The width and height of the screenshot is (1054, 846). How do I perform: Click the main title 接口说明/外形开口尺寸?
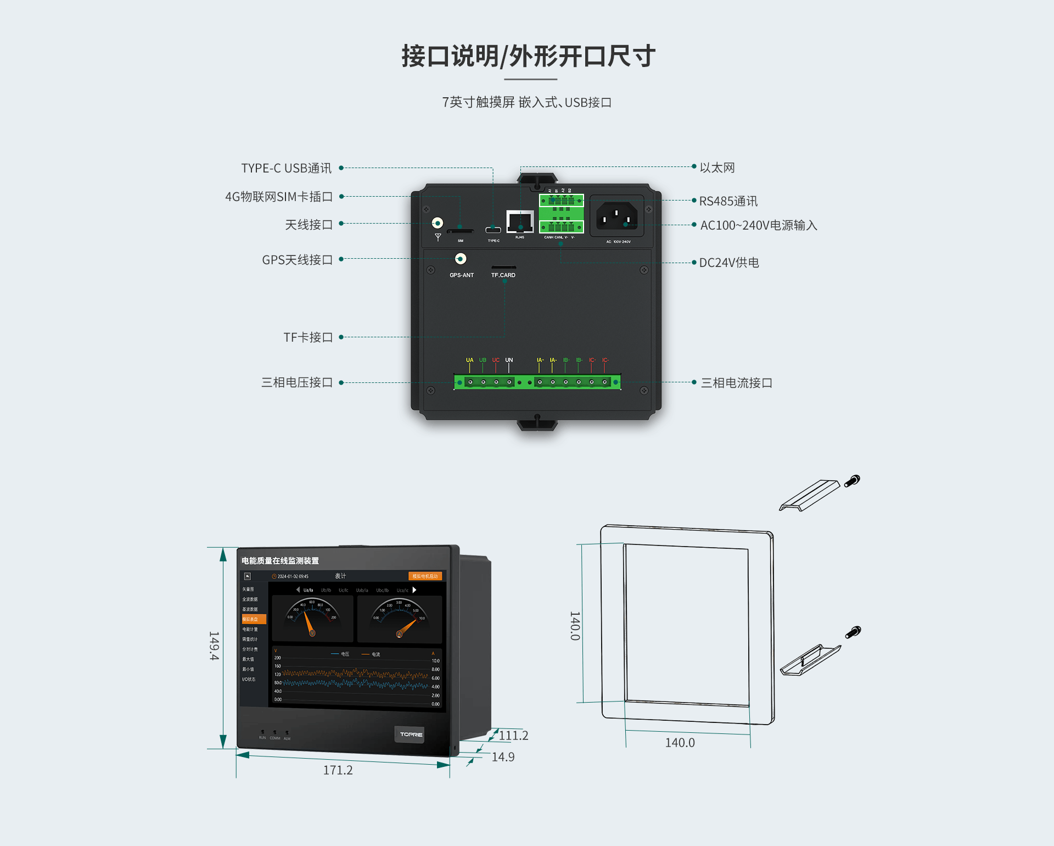pyautogui.click(x=528, y=57)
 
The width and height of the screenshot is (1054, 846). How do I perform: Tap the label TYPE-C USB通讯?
pyautogui.click(x=286, y=168)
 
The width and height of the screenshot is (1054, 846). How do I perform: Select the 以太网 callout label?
pyautogui.click(x=717, y=168)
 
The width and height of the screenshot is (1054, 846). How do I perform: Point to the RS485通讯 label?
pyautogui.click(x=728, y=201)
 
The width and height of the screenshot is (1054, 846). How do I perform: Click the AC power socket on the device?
pyautogui.click(x=616, y=216)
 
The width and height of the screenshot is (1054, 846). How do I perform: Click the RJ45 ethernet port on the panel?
pyautogui.click(x=519, y=221)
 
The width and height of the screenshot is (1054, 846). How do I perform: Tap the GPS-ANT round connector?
pyautogui.click(x=461, y=259)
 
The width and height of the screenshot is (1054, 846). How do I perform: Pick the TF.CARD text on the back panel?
pyautogui.click(x=503, y=275)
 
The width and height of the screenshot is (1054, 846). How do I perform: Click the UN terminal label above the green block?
pyautogui.click(x=509, y=360)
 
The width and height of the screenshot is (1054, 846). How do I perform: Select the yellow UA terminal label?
pyautogui.click(x=469, y=360)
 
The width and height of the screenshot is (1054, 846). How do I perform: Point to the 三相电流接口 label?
pyautogui.click(x=736, y=383)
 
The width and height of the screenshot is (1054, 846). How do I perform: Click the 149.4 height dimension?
pyautogui.click(x=214, y=645)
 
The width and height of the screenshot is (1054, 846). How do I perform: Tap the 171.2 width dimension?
pyautogui.click(x=338, y=770)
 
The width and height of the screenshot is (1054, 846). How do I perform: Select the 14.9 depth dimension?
pyautogui.click(x=503, y=757)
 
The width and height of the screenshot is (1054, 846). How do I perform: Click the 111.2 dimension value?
pyautogui.click(x=513, y=736)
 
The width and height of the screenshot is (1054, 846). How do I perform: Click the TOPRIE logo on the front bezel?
pyautogui.click(x=410, y=734)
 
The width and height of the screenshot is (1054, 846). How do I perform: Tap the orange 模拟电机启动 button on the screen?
pyautogui.click(x=425, y=576)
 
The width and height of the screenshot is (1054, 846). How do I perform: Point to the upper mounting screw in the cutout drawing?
pyautogui.click(x=852, y=481)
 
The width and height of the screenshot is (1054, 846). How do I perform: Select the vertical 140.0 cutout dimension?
pyautogui.click(x=574, y=626)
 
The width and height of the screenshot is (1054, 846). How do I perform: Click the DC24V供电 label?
pyautogui.click(x=728, y=263)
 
